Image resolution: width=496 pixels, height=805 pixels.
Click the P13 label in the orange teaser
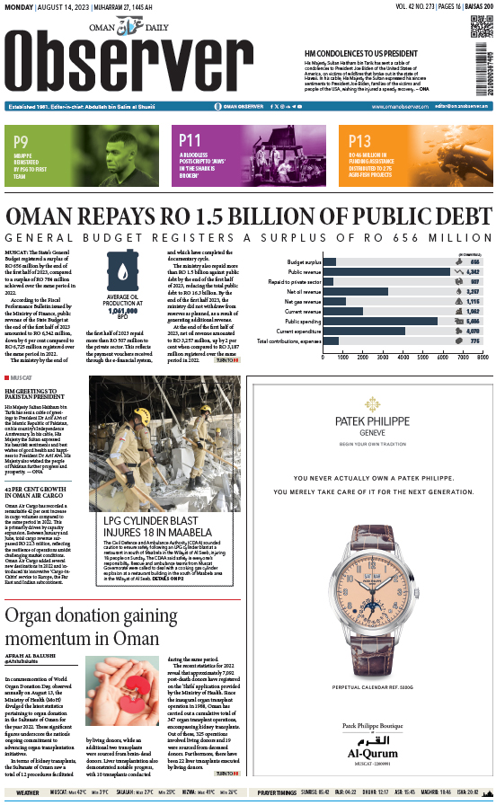(x=359, y=141)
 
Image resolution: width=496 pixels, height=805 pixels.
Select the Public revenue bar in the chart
(x=385, y=270)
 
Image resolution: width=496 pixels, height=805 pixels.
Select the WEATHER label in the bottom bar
(x=27, y=792)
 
